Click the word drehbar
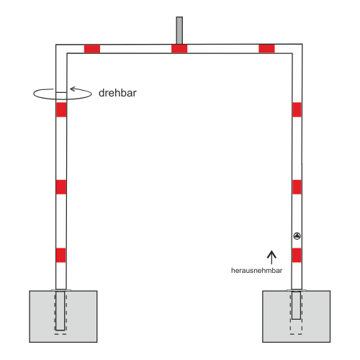(117, 93)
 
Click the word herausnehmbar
(256, 271)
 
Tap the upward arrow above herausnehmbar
(271, 257)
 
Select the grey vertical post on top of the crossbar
(179, 30)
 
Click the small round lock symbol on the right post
(297, 236)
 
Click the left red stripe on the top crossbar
(92, 49)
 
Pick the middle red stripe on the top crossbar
(179, 49)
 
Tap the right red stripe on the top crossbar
(266, 49)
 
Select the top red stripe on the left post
(61, 109)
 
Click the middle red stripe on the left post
(61, 187)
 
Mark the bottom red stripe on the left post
(61, 255)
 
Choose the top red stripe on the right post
(297, 109)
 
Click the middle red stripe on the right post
(297, 187)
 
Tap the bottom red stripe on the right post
(297, 255)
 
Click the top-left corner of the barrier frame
(56, 45)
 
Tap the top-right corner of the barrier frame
(302, 44)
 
